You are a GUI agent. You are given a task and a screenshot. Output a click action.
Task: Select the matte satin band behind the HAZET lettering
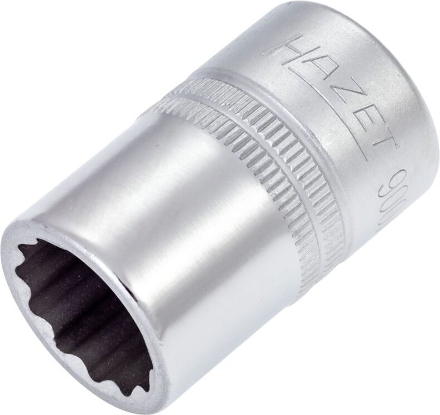(356, 167)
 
